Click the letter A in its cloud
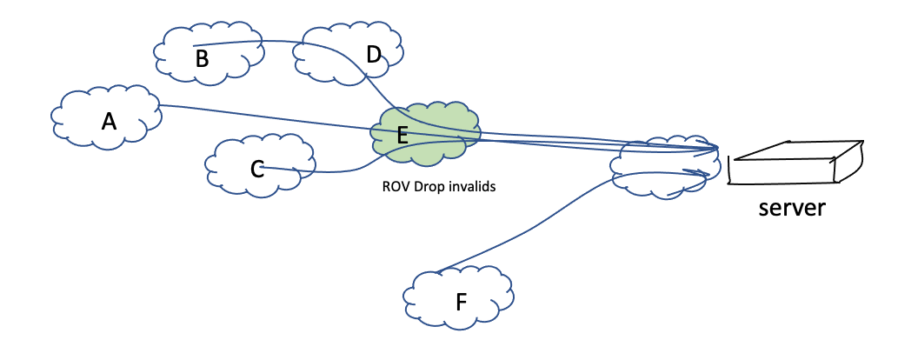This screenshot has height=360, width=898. click(x=109, y=121)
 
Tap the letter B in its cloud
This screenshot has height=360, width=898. click(x=202, y=59)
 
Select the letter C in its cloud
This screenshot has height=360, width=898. click(x=256, y=169)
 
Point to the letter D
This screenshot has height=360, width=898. click(x=374, y=55)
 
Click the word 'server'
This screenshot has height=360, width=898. click(x=791, y=209)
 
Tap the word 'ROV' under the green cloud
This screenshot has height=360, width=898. click(x=396, y=185)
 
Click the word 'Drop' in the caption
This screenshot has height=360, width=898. click(x=428, y=185)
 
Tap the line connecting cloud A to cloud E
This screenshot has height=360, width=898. click(x=261, y=114)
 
